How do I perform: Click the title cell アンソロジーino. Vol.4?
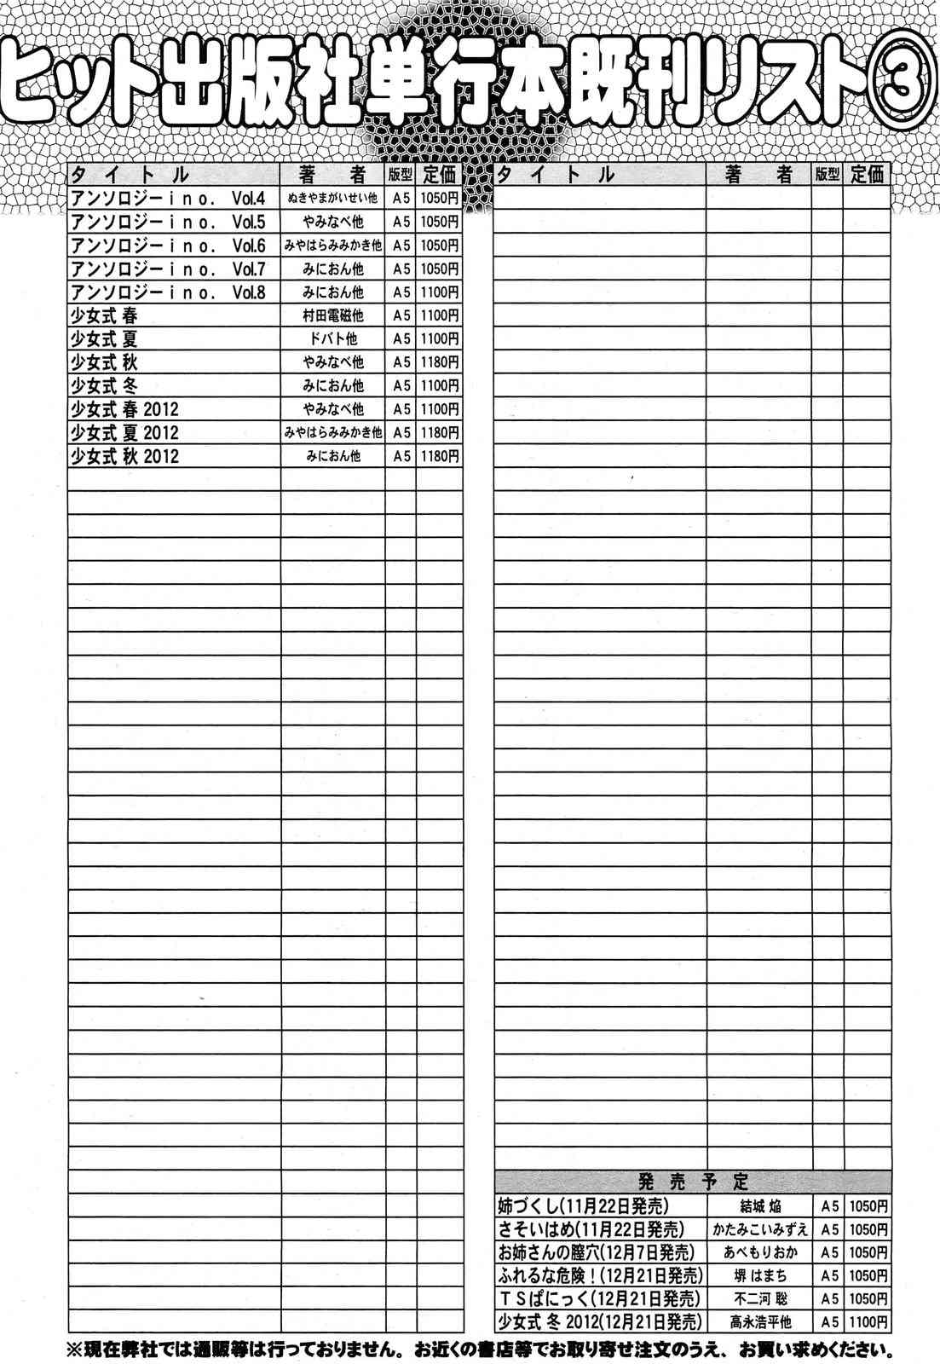click(x=168, y=199)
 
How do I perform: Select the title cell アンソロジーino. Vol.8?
click(x=168, y=292)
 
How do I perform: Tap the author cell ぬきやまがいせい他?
click(x=332, y=199)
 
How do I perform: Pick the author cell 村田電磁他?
click(x=332, y=315)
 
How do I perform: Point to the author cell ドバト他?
click(x=332, y=339)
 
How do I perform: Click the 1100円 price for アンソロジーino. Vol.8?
click(x=439, y=292)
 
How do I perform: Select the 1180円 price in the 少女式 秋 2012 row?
click(x=439, y=456)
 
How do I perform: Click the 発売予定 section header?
click(x=692, y=1182)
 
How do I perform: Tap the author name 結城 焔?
click(x=758, y=1207)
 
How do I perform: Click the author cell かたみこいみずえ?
click(x=758, y=1229)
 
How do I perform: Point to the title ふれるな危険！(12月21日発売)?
click(x=600, y=1275)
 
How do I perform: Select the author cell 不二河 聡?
click(x=758, y=1298)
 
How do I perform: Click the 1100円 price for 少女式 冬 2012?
click(x=868, y=1321)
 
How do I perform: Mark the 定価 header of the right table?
click(x=867, y=175)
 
